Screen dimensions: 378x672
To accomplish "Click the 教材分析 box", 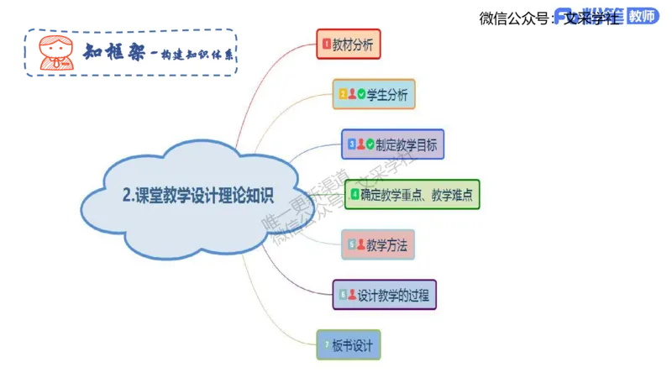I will (x=348, y=43).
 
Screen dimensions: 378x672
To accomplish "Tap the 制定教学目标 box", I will (x=392, y=144).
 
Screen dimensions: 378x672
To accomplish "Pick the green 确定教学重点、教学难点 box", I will (x=412, y=194).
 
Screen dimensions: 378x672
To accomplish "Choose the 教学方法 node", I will (x=380, y=245).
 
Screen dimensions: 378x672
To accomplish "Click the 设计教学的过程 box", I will (x=385, y=295).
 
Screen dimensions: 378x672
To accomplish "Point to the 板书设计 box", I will (x=349, y=345).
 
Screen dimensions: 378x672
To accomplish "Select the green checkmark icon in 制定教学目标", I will (x=370, y=144).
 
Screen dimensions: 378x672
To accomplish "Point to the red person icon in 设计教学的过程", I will (x=352, y=295).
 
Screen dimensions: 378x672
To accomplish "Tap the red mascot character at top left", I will (x=53, y=51).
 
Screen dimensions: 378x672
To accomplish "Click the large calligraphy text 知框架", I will (x=113, y=51).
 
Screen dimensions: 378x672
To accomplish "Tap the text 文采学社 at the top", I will (x=591, y=18).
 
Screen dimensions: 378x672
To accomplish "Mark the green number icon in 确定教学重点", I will (x=354, y=194).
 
